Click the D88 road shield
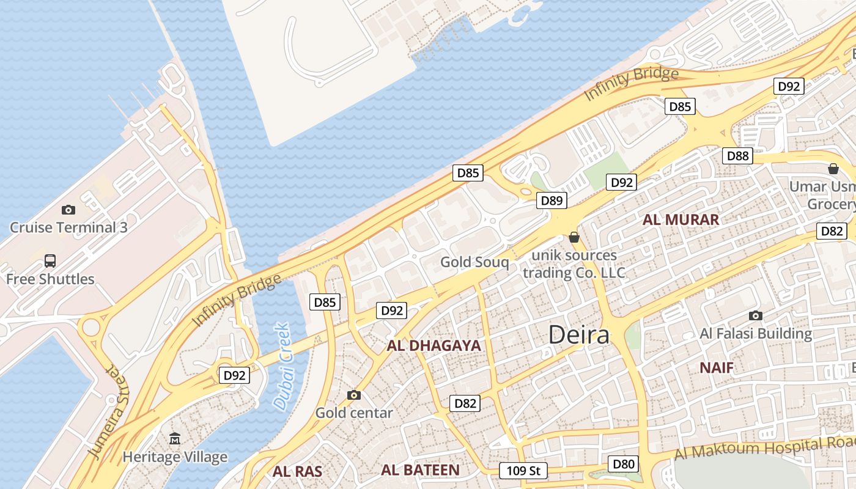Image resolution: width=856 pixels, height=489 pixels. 738,156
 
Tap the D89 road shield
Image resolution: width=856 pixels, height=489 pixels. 552,200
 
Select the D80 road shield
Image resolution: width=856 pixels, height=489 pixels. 623,464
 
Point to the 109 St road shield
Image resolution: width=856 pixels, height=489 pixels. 523,471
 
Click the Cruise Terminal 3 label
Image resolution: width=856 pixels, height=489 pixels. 68,227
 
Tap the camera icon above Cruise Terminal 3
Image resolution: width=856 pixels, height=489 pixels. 68,210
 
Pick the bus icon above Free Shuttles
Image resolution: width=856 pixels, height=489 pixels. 50,261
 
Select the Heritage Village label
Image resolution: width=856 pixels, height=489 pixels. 175,457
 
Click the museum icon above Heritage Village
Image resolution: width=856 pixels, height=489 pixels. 175,438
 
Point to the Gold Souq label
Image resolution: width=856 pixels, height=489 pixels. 474,262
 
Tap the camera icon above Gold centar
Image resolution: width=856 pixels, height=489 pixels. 353,395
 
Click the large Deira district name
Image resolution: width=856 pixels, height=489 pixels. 578,335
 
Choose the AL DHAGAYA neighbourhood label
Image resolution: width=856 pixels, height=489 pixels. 434,345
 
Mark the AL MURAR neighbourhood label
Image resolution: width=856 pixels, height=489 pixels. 681,220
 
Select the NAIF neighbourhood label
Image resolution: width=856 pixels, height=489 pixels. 717,367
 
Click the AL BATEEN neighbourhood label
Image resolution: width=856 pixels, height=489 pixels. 420,470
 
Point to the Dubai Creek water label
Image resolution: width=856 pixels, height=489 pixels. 282,366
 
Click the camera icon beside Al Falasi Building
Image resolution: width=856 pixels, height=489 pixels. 756,316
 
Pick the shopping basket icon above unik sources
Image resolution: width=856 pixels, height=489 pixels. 574,237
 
